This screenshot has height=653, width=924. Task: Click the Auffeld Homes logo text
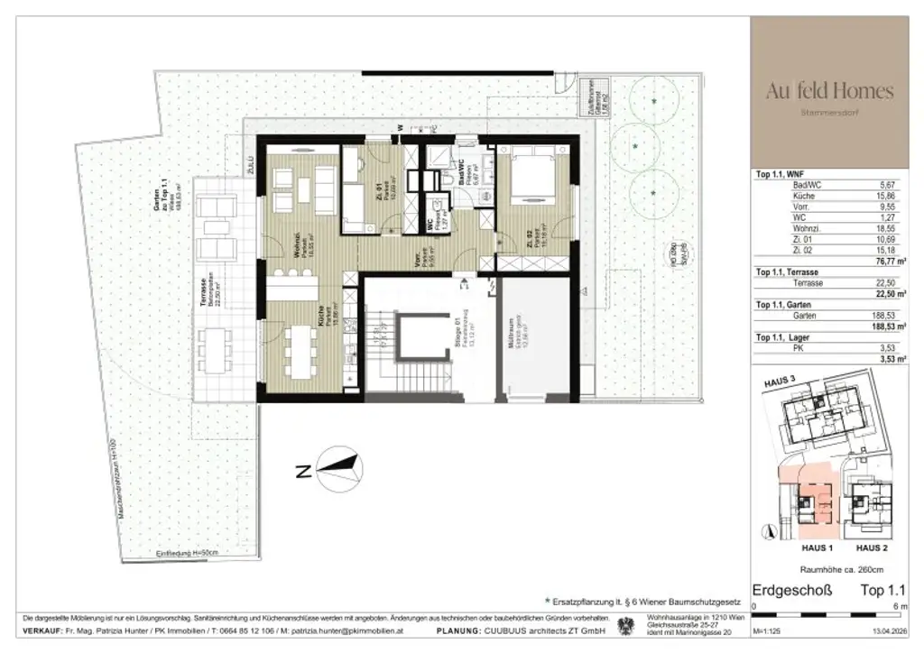829,91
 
